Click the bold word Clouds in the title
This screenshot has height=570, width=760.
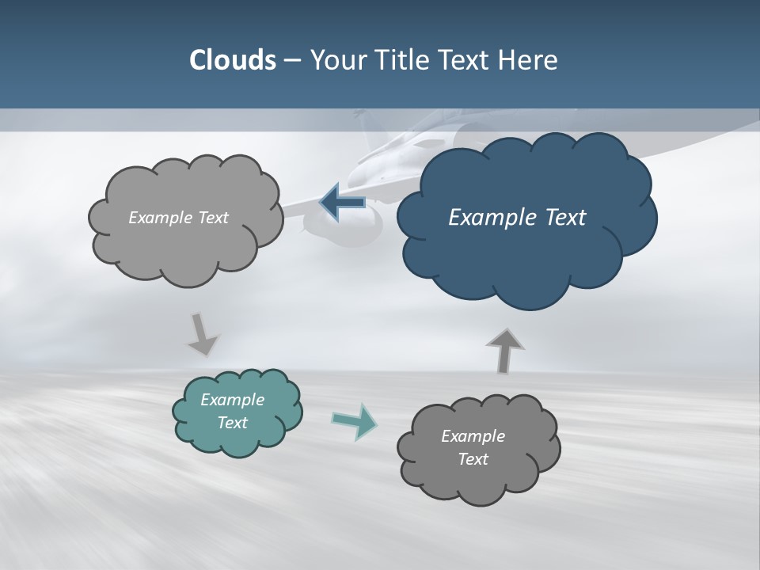(232, 60)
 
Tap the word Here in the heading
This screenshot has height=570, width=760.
(529, 60)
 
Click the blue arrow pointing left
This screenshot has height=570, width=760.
(342, 202)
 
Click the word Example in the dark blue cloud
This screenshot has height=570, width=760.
(491, 218)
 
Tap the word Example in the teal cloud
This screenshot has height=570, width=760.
(232, 400)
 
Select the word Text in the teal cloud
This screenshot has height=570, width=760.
(232, 423)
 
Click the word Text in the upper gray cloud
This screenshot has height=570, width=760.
(211, 218)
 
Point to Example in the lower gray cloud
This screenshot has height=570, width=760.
(473, 436)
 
